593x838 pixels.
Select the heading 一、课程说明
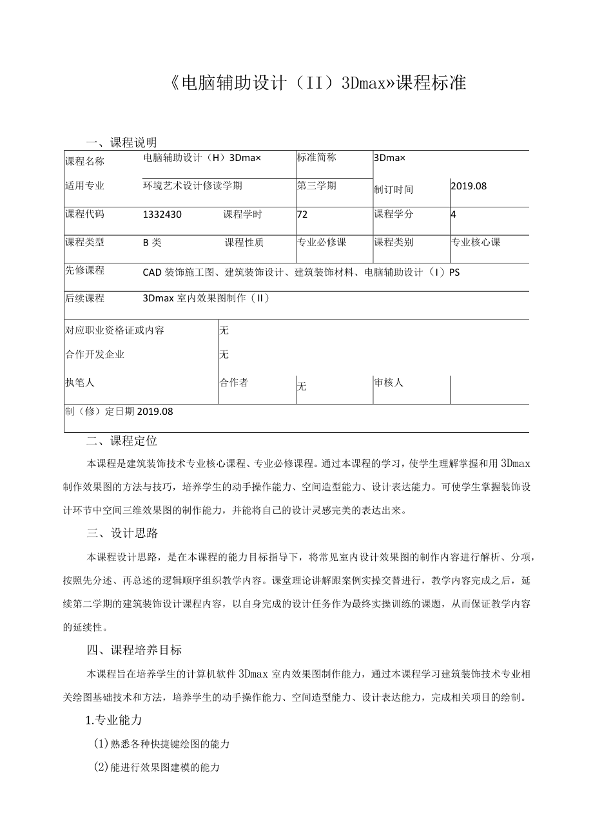click(122, 142)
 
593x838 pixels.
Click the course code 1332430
click(162, 214)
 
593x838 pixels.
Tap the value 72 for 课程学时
click(302, 214)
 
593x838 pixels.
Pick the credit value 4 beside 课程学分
click(454, 214)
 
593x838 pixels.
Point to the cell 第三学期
click(316, 186)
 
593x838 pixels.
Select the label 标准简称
click(316, 157)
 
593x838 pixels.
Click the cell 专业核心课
click(476, 242)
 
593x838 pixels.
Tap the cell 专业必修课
click(322, 242)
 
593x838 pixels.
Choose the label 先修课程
click(84, 271)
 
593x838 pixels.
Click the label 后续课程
click(84, 298)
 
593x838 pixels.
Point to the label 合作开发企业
click(95, 354)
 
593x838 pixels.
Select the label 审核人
click(389, 383)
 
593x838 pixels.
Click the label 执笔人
click(80, 383)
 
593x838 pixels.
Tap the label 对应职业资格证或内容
click(115, 330)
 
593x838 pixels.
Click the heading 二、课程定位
click(122, 441)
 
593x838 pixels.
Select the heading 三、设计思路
click(122, 533)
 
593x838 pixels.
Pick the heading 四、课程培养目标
click(134, 650)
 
